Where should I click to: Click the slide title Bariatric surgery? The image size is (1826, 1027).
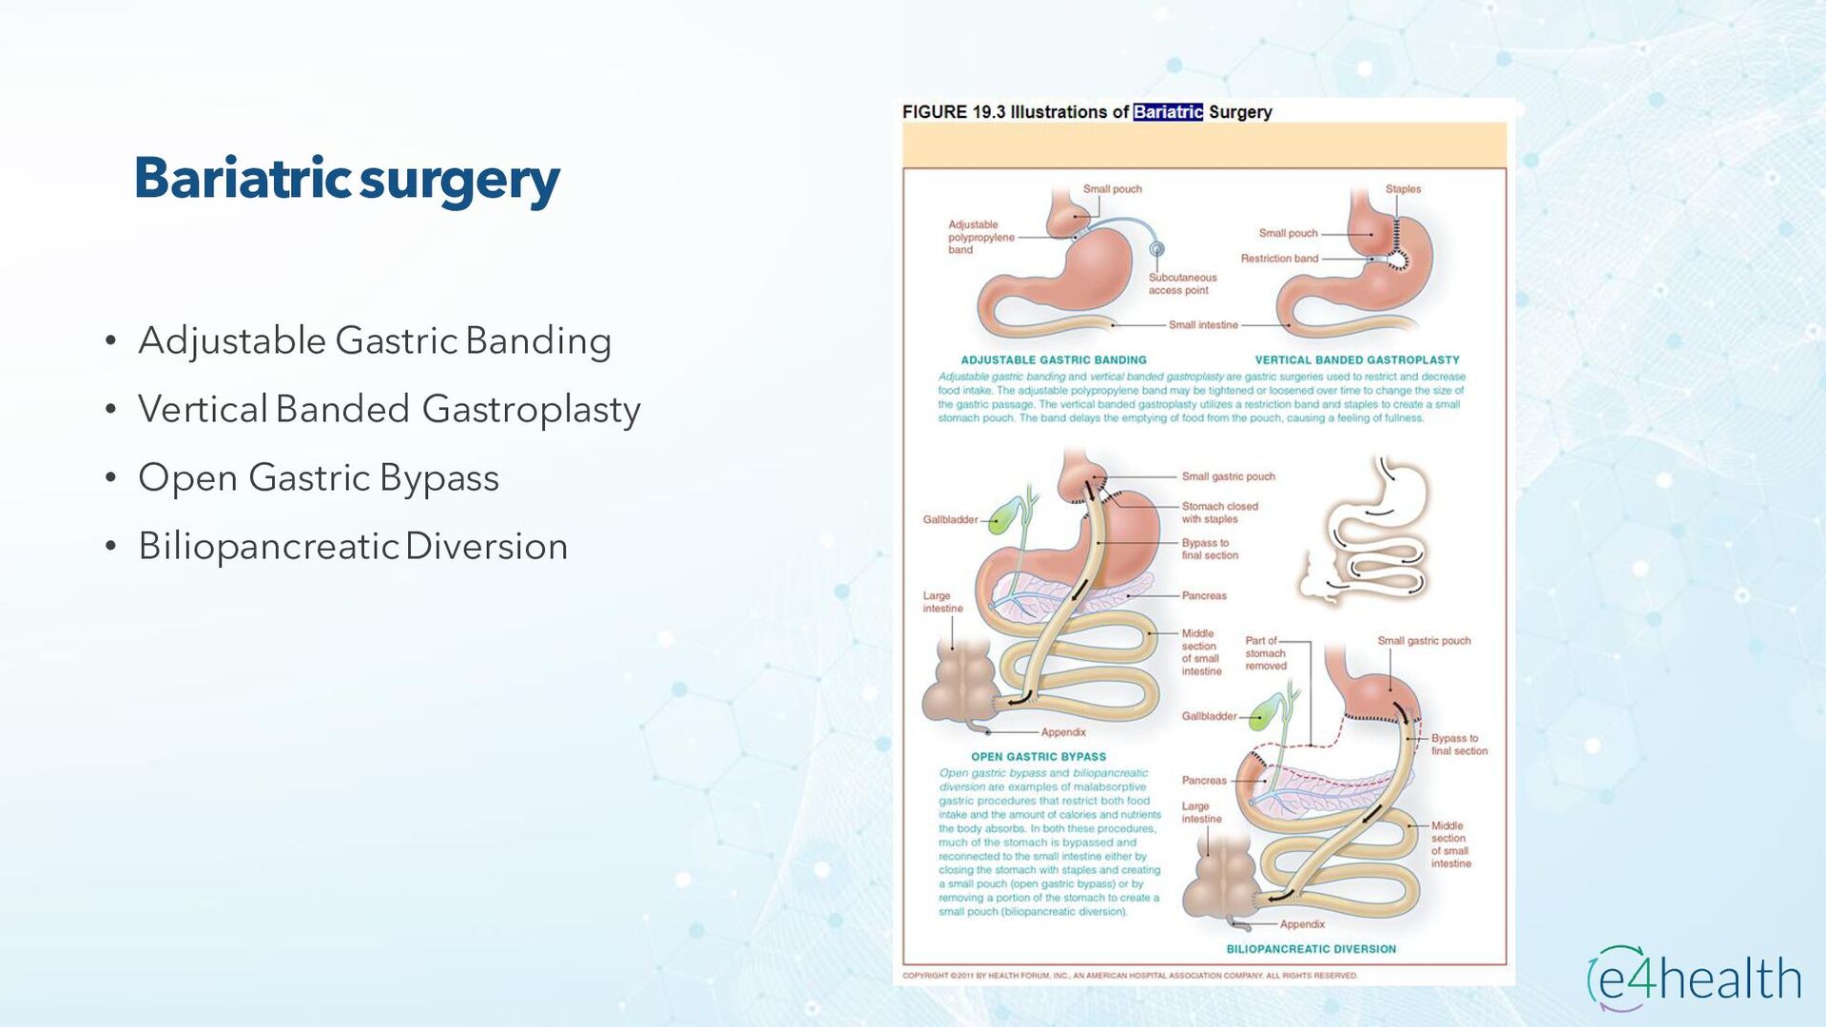tap(347, 180)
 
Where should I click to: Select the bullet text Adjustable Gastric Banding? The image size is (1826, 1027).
tap(375, 340)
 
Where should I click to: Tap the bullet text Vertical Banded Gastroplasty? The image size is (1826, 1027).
tap(389, 409)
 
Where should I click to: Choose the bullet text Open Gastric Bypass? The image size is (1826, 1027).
tap(319, 477)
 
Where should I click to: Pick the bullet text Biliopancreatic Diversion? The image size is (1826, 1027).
tap(353, 546)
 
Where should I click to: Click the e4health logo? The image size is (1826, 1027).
tap(1694, 979)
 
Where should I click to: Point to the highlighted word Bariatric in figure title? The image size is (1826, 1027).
tap(1168, 112)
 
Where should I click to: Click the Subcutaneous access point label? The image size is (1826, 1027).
tap(1182, 283)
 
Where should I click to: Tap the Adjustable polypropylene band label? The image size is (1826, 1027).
tap(980, 238)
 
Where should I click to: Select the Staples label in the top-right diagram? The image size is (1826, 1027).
tap(1403, 189)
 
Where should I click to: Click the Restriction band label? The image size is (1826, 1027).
tap(1279, 259)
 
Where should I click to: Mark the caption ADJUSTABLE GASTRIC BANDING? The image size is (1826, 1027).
tap(1054, 360)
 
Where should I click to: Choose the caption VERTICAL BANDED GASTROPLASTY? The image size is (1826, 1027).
tap(1357, 360)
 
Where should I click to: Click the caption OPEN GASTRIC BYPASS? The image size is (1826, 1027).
tap(1039, 757)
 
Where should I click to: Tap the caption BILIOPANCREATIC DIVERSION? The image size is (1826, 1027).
tap(1311, 949)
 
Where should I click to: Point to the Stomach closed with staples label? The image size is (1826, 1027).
tap(1219, 513)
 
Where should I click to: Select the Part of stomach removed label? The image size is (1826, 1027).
tap(1265, 653)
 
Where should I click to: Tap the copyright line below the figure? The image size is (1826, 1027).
tap(1130, 976)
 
